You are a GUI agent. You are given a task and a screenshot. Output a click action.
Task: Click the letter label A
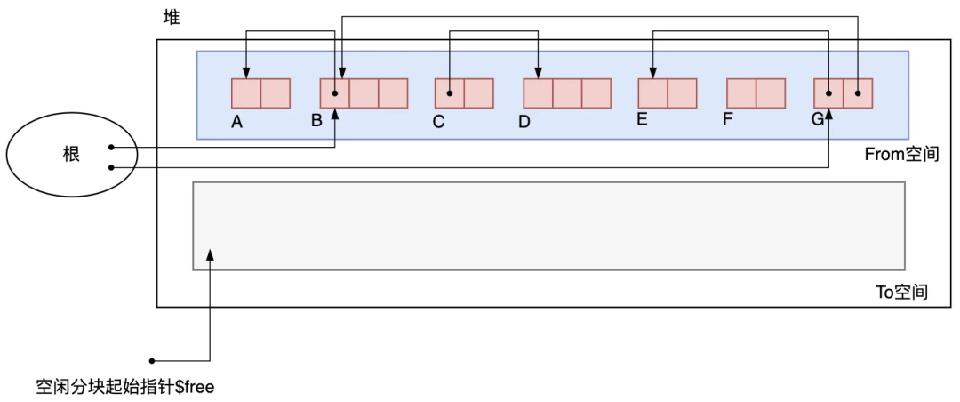237,123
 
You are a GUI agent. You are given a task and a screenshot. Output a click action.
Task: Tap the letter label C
438,123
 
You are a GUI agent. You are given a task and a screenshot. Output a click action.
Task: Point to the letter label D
524,123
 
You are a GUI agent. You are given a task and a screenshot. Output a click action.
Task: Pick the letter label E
642,119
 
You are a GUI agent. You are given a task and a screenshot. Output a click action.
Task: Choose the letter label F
727,119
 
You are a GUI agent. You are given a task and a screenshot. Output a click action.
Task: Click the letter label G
818,119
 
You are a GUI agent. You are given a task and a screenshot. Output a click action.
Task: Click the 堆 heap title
172,17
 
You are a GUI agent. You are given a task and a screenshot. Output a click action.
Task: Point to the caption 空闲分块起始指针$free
125,388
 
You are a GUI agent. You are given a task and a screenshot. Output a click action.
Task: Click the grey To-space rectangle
548,226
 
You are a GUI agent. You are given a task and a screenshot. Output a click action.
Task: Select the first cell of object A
246,93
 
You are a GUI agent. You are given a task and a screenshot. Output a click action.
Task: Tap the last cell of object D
596,93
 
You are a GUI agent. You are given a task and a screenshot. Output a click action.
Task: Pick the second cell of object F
771,93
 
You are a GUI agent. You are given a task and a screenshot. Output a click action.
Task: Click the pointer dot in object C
450,93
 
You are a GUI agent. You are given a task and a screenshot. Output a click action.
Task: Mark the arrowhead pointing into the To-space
210,255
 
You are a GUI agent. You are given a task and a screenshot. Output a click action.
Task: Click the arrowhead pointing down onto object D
539,73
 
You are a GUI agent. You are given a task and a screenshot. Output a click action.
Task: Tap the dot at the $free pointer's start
153,361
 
